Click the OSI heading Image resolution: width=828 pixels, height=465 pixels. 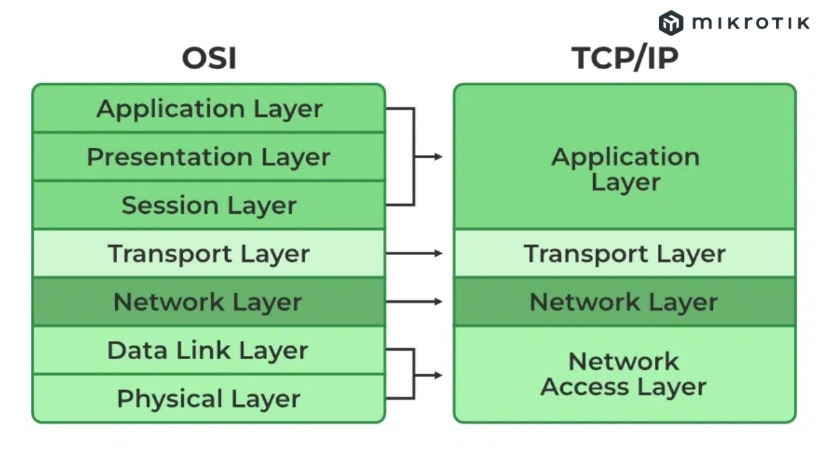click(209, 58)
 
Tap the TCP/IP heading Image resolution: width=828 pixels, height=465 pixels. click(625, 58)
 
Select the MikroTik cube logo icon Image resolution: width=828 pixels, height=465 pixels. click(671, 23)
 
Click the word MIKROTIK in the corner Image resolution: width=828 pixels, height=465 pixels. click(751, 23)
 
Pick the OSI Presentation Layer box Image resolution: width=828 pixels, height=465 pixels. click(208, 157)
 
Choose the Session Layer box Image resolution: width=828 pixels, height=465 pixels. click(208, 205)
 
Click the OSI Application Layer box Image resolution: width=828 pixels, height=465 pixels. click(208, 108)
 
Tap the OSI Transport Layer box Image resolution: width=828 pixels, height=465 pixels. click(208, 254)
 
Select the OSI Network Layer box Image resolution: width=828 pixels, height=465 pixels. click(208, 302)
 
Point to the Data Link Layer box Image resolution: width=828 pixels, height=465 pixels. click(208, 351)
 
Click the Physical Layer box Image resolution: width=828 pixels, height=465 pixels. click(208, 398)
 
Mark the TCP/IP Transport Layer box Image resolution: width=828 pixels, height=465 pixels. click(624, 254)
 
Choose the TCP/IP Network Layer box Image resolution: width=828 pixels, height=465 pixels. click(624, 302)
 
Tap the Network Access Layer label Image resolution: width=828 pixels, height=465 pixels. click(624, 375)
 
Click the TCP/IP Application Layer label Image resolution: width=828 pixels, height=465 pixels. click(625, 169)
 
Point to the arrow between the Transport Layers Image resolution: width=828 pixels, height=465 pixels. click(414, 254)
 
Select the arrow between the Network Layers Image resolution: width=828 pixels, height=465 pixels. click(414, 302)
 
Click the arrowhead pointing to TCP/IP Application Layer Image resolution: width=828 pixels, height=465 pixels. click(438, 157)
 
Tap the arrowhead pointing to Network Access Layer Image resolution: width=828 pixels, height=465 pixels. click(438, 375)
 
